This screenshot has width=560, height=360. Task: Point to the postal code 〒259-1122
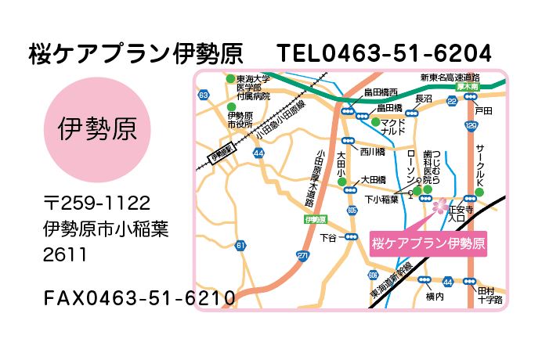coord(96,203)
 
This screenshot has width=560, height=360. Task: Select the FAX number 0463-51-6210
coord(139,298)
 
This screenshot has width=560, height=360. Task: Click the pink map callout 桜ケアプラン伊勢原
coord(427,243)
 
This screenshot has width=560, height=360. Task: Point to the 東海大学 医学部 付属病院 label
coord(253,87)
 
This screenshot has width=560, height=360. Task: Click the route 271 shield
coord(303,256)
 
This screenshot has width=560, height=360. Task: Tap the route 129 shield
coord(471,125)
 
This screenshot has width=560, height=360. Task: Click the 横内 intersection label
coord(435,297)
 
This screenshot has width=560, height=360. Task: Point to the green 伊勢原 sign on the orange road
coord(316,220)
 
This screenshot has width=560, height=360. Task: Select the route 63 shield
coord(204,95)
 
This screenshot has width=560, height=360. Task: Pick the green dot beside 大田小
coord(342,183)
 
